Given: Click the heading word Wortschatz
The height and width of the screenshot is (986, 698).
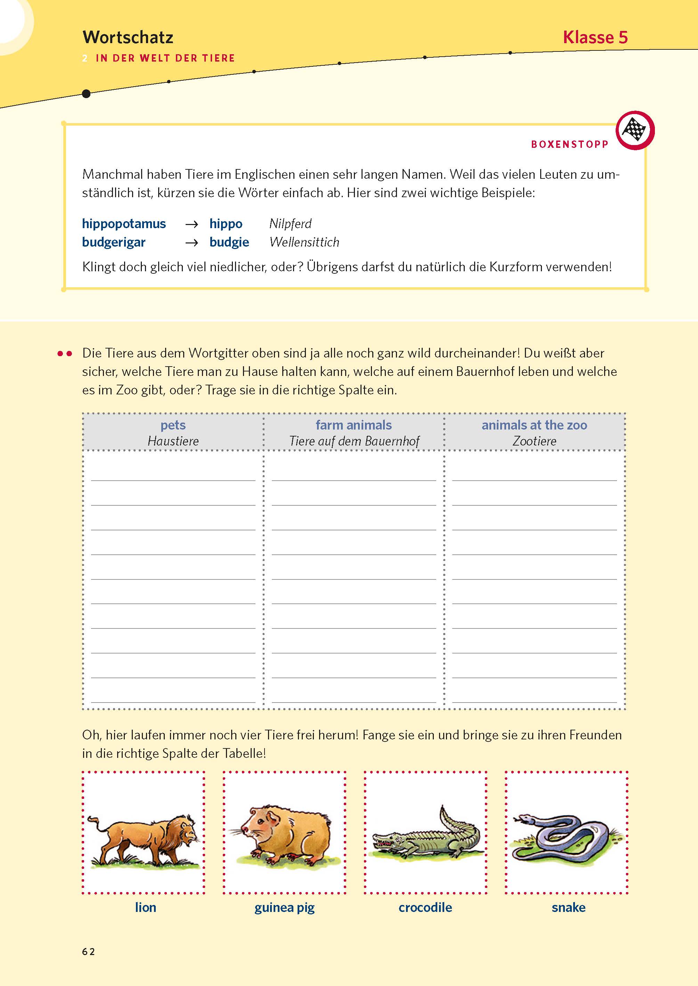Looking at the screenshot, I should pos(128,38).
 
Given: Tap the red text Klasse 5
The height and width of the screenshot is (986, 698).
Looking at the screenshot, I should pos(595,38).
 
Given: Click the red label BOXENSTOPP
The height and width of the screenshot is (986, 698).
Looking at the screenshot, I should pos(569,144).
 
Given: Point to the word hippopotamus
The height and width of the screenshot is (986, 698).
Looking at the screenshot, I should pos(124,224).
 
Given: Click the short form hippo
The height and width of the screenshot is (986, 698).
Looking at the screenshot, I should pos(226,224).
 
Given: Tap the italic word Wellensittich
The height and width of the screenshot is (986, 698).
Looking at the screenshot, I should pos(304,242).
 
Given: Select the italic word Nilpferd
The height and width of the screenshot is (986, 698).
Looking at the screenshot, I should pos(290,224).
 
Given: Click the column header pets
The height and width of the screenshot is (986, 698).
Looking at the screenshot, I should pos(173,425).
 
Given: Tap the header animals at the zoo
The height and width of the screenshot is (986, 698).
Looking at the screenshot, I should pos(534,425).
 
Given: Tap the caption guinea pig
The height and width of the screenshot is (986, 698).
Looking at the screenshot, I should pos(285,907).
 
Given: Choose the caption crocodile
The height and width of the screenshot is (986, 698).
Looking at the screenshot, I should pos(425,907).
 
